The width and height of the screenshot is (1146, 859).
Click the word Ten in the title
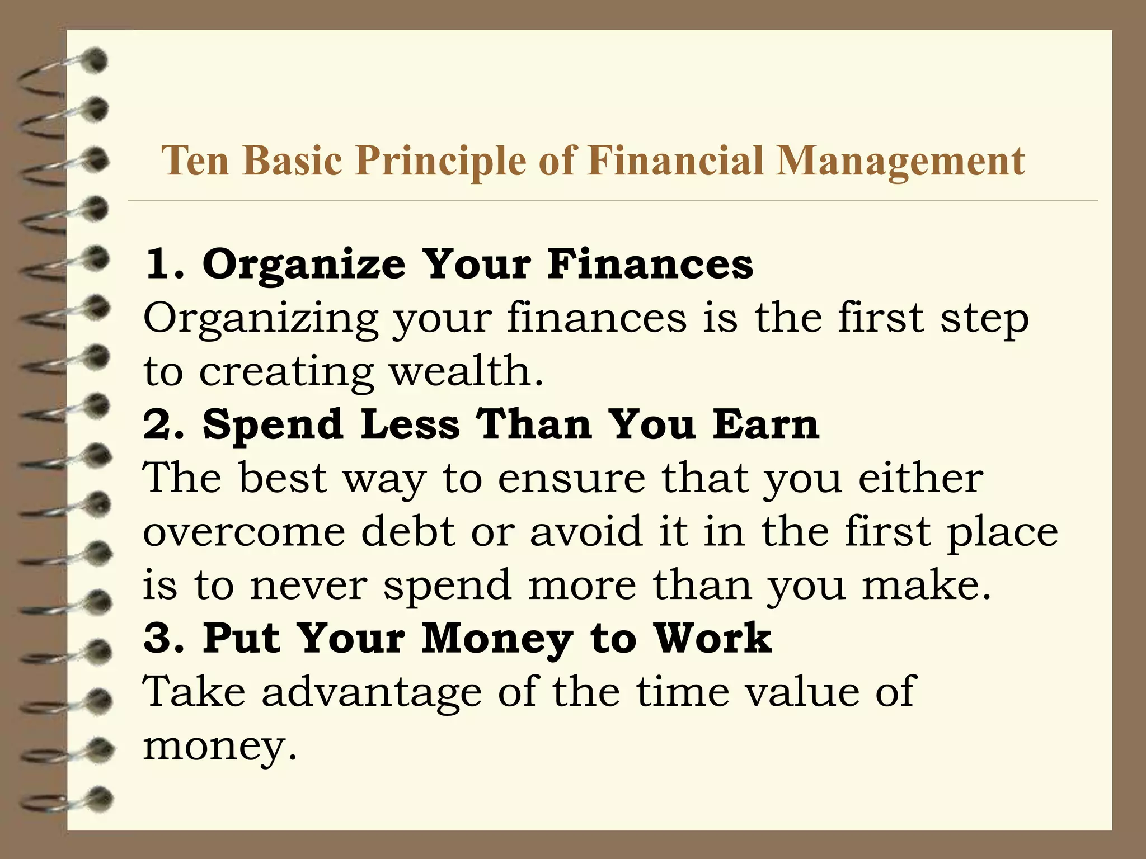coord(195,161)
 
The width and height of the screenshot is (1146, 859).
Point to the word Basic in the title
coord(292,161)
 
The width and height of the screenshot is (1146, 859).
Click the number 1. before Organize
coord(165,264)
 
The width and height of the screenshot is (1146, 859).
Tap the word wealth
coord(466,371)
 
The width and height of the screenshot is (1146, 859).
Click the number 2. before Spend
coord(165,424)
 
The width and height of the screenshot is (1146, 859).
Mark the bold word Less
coord(410,424)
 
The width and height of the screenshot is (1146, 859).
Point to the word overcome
coord(244,532)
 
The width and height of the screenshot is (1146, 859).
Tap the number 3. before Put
coord(165,638)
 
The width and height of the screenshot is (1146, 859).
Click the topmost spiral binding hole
coord(96,60)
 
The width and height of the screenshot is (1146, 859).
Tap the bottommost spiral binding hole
coord(99,797)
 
